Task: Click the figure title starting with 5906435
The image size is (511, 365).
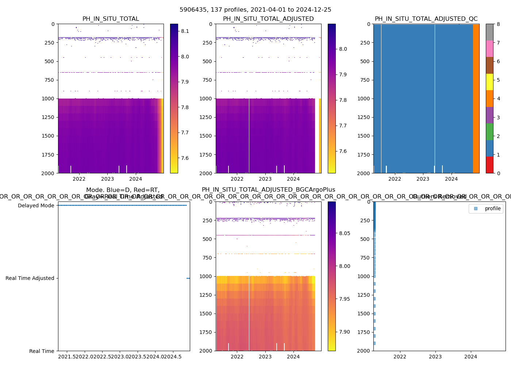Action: point(255,10)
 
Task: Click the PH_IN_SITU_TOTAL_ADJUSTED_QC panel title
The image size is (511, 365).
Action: point(426,19)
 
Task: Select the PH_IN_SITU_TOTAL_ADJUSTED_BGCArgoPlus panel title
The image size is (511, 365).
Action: point(268,190)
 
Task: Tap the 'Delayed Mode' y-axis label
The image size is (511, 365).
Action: point(36,205)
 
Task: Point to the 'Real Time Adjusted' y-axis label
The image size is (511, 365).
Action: point(30,278)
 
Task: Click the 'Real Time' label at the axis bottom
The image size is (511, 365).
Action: point(42,351)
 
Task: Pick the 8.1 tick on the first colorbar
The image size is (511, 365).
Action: point(185,31)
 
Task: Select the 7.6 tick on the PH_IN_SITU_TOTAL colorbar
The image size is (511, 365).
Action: point(185,158)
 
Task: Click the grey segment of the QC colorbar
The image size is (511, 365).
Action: point(489,32)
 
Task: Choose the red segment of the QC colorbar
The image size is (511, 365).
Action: point(489,165)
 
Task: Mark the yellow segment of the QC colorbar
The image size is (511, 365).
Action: point(489,82)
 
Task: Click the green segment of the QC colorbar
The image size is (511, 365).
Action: point(489,132)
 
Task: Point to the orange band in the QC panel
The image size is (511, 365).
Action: point(476,99)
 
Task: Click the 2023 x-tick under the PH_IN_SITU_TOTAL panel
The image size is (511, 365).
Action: point(107,179)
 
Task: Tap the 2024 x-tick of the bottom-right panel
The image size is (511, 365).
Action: point(470,357)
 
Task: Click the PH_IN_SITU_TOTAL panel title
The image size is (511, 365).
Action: point(111,19)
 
